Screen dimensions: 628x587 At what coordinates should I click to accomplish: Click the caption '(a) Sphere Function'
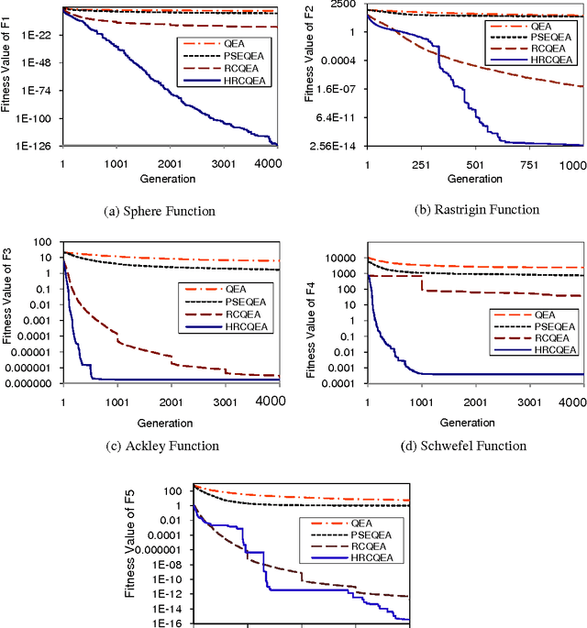(161, 211)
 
